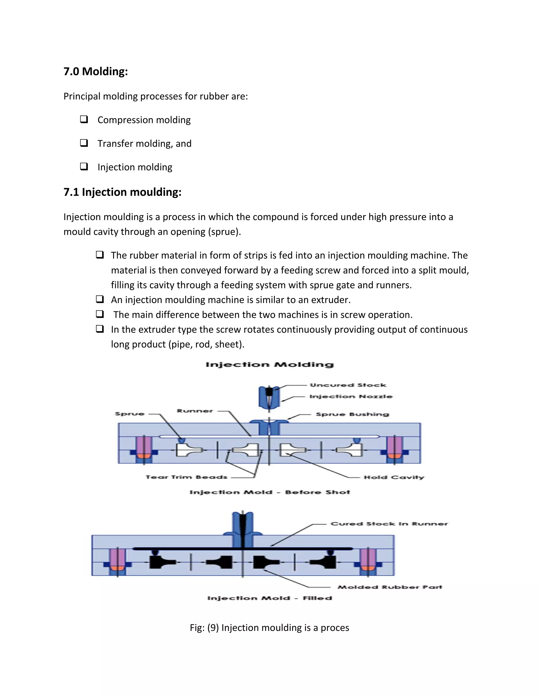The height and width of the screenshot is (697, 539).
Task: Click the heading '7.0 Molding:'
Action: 96,71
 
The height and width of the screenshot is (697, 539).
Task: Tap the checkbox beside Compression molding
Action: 84,119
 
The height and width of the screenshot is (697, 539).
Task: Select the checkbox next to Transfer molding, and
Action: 84,143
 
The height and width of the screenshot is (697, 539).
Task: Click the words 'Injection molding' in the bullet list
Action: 135,167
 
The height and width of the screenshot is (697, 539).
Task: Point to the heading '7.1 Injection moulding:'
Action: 122,192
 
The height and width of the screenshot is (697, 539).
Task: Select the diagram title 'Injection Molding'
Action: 269,365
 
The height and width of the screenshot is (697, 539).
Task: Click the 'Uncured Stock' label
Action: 348,385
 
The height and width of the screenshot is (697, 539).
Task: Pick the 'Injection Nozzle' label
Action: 351,396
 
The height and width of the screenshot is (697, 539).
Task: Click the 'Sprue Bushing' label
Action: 352,414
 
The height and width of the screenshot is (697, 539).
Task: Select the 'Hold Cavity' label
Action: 394,477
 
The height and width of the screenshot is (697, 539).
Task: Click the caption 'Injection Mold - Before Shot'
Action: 269,492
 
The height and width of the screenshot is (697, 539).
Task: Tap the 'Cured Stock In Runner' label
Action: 389,524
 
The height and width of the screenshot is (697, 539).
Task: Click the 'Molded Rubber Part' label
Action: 390,587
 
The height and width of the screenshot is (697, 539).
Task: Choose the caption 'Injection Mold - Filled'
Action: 269,598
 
